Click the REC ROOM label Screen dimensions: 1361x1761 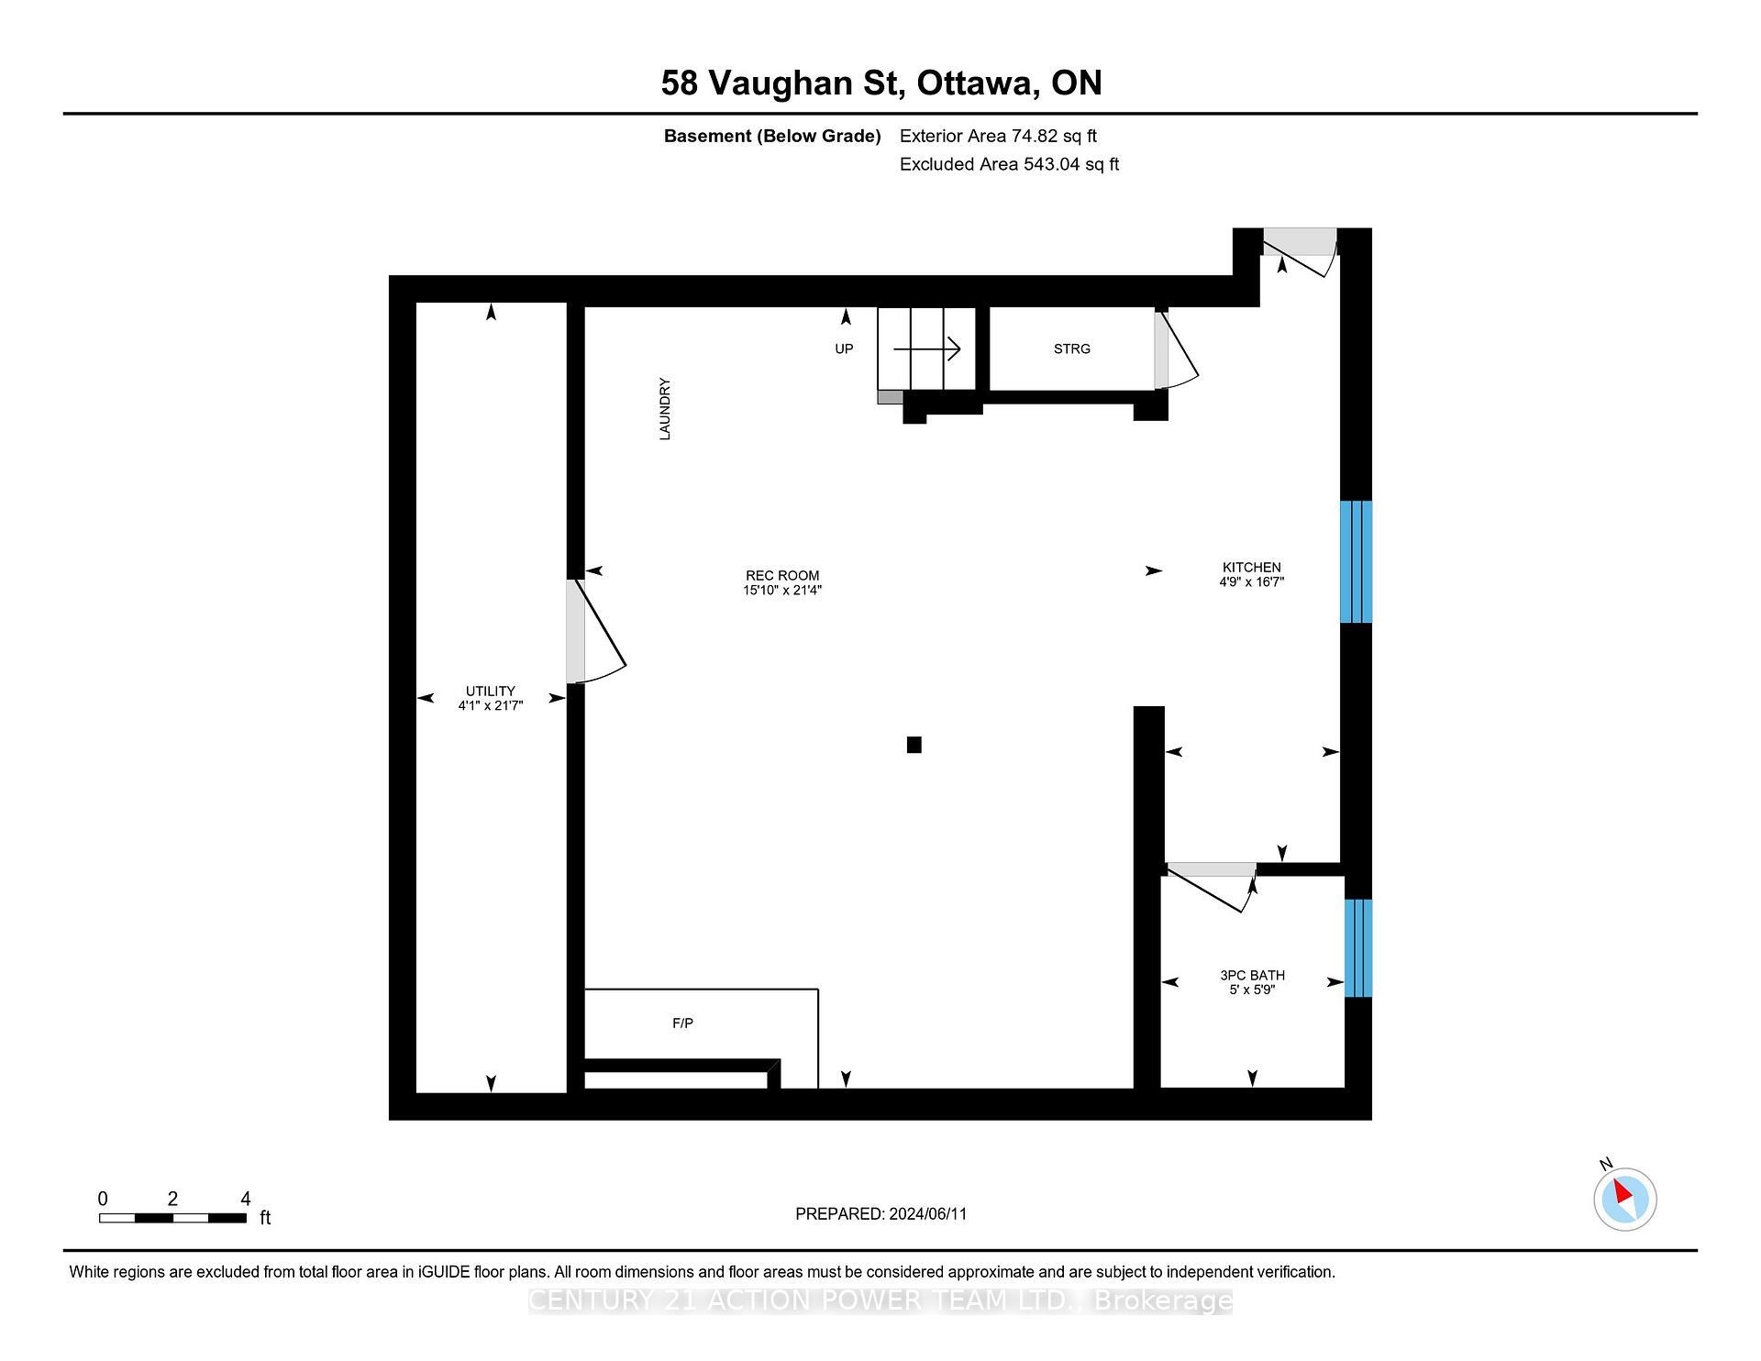pyautogui.click(x=781, y=576)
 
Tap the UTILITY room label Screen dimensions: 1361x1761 pyautogui.click(x=490, y=692)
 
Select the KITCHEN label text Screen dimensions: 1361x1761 pyautogui.click(x=1251, y=568)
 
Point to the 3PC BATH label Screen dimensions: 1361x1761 pyautogui.click(x=1252, y=976)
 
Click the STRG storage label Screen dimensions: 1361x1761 pyautogui.click(x=1071, y=349)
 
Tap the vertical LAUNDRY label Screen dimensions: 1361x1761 pyautogui.click(x=665, y=409)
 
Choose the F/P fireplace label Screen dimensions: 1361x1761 pyautogui.click(x=682, y=1024)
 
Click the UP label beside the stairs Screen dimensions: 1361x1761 pyautogui.click(x=844, y=349)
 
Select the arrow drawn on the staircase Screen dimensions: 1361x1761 pyautogui.click(x=926, y=349)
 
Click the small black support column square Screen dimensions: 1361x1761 pyautogui.click(x=914, y=745)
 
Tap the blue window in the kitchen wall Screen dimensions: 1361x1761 pyautogui.click(x=1356, y=561)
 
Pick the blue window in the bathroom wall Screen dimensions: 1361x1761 pyautogui.click(x=1357, y=947)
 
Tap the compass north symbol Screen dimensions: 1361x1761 pyautogui.click(x=1624, y=1198)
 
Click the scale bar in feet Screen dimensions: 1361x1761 pyautogui.click(x=172, y=1218)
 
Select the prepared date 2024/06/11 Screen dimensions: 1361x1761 pyautogui.click(x=880, y=1214)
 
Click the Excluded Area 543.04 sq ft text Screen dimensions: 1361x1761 pyautogui.click(x=1009, y=164)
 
